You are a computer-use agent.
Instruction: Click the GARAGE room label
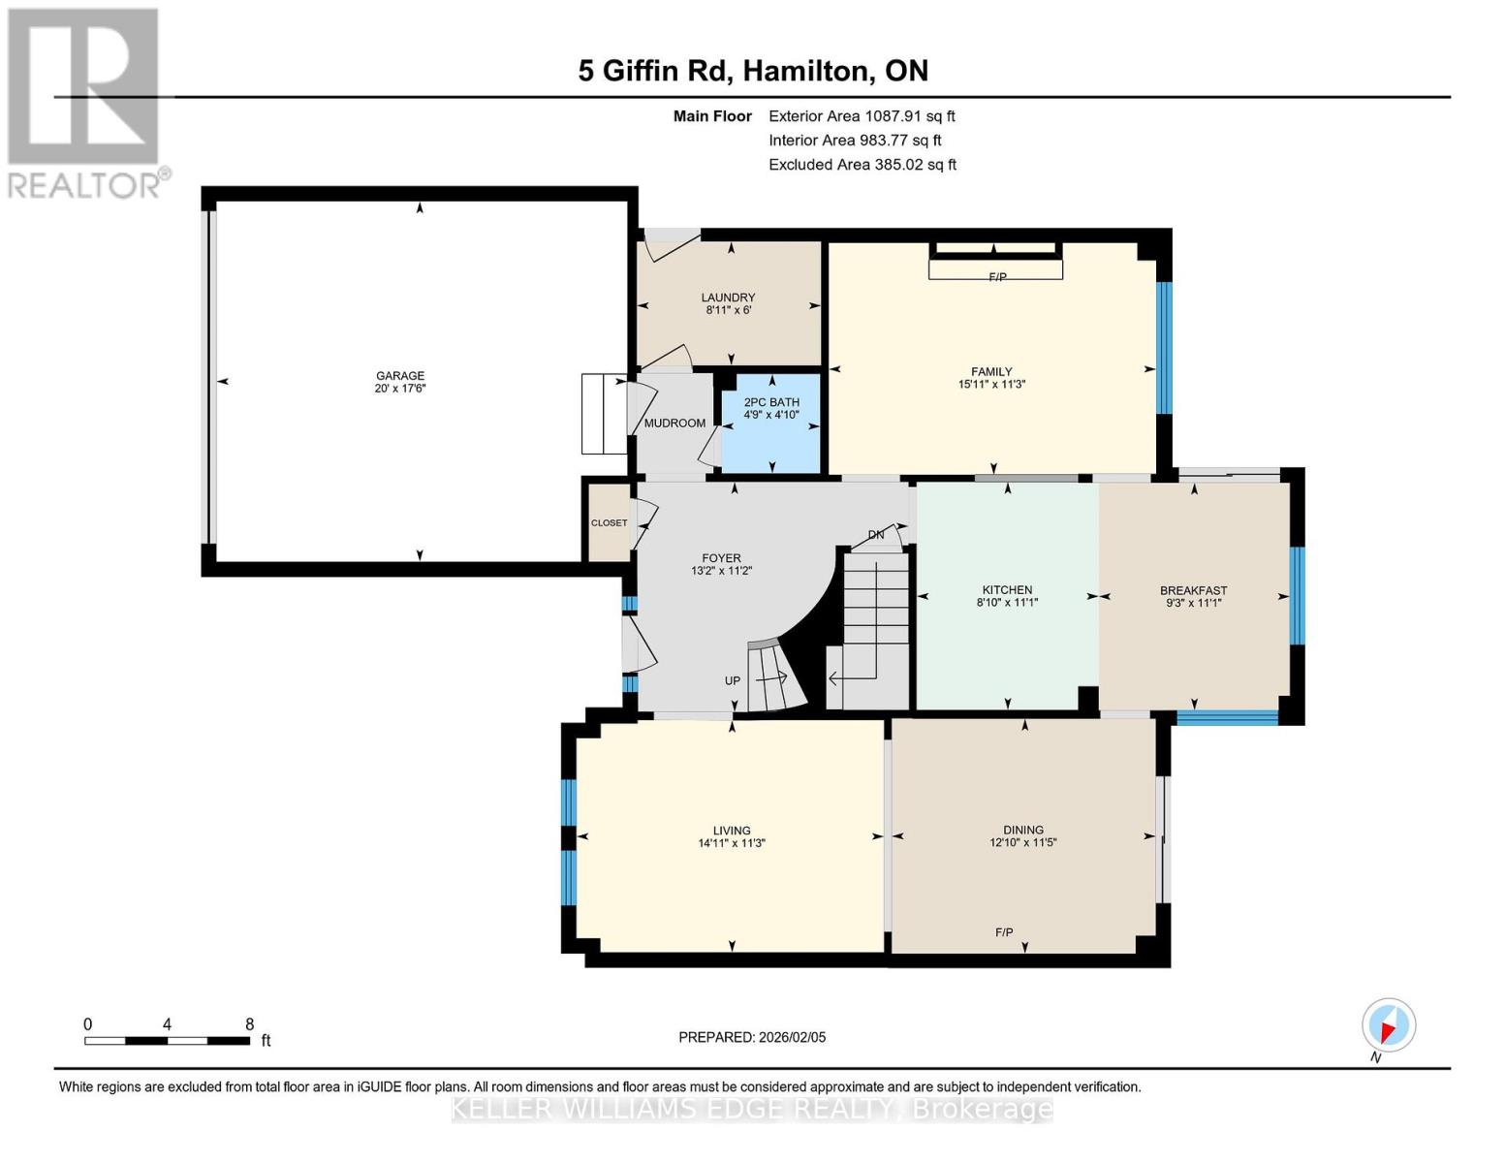coord(400,376)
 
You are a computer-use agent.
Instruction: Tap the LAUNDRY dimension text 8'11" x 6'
coord(728,311)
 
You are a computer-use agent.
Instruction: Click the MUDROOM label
coord(674,424)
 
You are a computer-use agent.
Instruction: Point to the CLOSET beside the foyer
coord(609,523)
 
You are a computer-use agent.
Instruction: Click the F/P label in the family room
coord(997,277)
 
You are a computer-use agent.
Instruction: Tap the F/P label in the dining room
coord(1004,932)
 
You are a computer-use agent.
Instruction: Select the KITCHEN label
coord(1007,589)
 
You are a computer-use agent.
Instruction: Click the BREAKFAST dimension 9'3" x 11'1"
coord(1194,603)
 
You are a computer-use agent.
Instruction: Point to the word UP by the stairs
coord(733,680)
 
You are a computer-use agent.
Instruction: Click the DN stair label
coord(876,534)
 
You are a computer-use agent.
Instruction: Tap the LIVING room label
coord(732,831)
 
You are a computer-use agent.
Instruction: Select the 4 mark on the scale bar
coord(168,1024)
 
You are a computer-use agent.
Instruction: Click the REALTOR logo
coord(85,102)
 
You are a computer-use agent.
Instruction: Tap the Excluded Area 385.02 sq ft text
coord(862,165)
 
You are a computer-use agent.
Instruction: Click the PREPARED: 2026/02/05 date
coord(752,1037)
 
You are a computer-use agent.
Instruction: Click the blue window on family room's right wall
coord(1164,347)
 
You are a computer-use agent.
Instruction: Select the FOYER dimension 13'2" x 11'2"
coord(722,572)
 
